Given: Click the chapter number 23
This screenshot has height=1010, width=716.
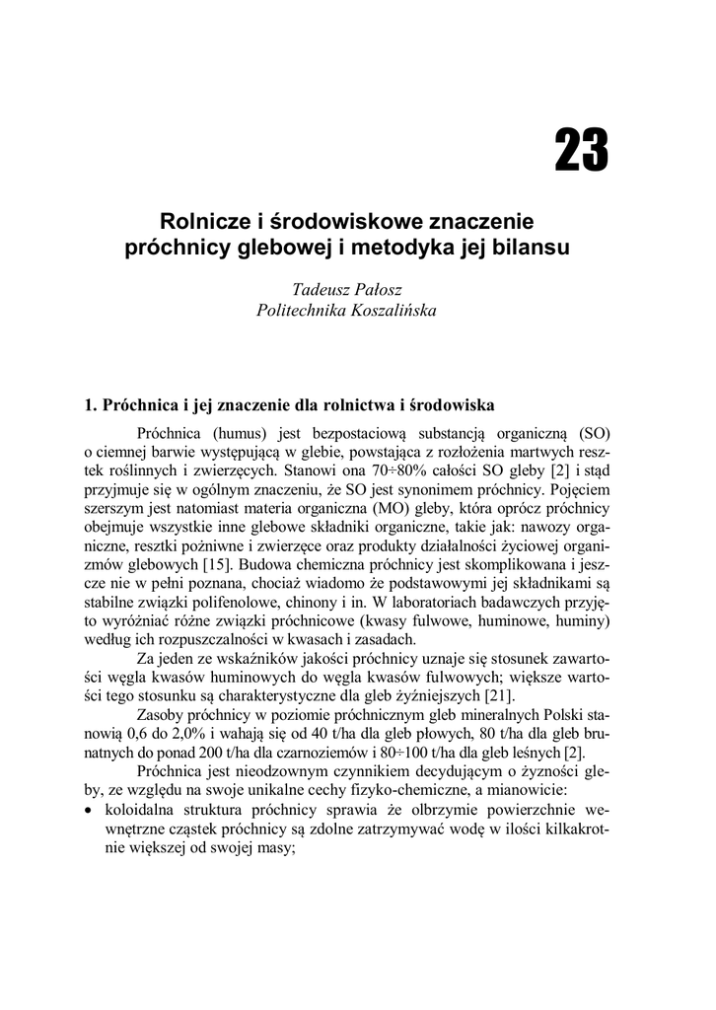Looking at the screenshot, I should click(581, 151).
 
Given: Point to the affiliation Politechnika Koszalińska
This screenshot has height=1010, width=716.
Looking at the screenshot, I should click(345, 310).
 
